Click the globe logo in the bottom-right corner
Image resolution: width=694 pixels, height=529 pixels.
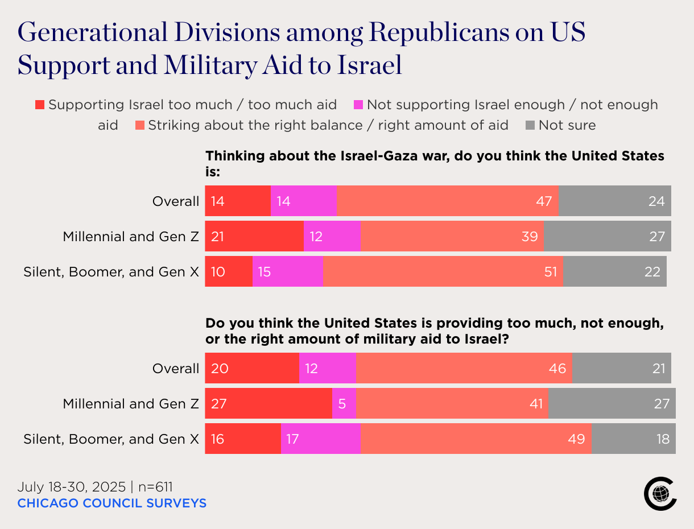660,494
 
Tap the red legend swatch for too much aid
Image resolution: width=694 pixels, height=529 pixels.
40,105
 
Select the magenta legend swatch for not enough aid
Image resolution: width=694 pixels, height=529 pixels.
358,105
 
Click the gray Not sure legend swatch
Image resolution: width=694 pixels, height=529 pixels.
530,125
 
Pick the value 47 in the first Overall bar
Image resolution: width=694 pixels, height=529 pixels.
544,201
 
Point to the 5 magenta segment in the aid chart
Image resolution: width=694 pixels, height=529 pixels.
344,403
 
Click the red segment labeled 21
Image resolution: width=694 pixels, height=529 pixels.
254,236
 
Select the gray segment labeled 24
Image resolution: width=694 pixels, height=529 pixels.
614,201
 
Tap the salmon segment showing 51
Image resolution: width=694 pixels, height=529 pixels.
443,271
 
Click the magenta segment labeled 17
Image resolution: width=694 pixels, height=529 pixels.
320,439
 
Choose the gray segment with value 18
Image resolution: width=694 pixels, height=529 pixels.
633,439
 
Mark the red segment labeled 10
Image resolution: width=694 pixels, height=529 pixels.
229,271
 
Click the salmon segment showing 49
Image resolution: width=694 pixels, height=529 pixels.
476,439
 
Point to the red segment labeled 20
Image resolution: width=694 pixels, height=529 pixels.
252,368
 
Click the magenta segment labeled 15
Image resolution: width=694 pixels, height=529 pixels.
287,271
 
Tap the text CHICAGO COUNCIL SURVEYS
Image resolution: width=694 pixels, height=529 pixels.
112,503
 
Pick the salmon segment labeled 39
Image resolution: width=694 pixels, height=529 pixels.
452,236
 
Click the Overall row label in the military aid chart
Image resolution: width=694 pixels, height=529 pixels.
176,368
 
